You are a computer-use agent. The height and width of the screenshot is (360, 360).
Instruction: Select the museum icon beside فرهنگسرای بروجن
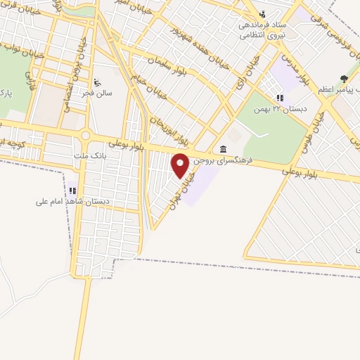(x=223, y=148)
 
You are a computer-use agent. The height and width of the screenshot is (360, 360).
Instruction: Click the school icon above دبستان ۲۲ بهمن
(x=281, y=98)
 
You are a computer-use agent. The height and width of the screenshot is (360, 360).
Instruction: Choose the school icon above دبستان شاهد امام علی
(x=73, y=190)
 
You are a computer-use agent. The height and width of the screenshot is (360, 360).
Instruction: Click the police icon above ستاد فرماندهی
(x=262, y=13)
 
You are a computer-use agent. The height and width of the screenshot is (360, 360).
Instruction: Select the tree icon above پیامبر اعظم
(x=344, y=79)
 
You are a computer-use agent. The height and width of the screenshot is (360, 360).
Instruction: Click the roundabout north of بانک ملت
(x=86, y=136)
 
